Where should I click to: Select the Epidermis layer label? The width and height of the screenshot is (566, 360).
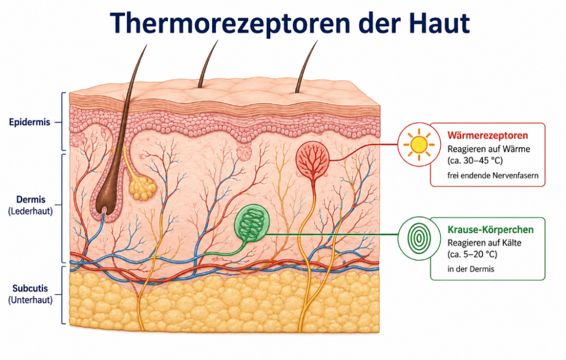pos(30,122)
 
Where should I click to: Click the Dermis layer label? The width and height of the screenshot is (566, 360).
pos(31,199)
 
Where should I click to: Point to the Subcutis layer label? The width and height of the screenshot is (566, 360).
pos(30,289)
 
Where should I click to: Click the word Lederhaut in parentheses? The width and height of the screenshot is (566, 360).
pos(31,211)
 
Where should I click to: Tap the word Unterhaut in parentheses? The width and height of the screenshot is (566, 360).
pos(31,300)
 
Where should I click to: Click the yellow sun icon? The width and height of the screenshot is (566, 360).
pos(419,144)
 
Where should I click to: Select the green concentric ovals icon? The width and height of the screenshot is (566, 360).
pos(419,238)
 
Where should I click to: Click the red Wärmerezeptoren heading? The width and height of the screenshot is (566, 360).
pos(488,135)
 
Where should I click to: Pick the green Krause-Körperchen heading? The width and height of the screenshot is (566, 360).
pos(491,229)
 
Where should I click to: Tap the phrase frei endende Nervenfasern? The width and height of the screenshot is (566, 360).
pos(493,176)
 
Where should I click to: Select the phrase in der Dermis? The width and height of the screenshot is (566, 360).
pos(471,269)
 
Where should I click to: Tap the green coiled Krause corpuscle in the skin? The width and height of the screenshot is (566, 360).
pos(252,222)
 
